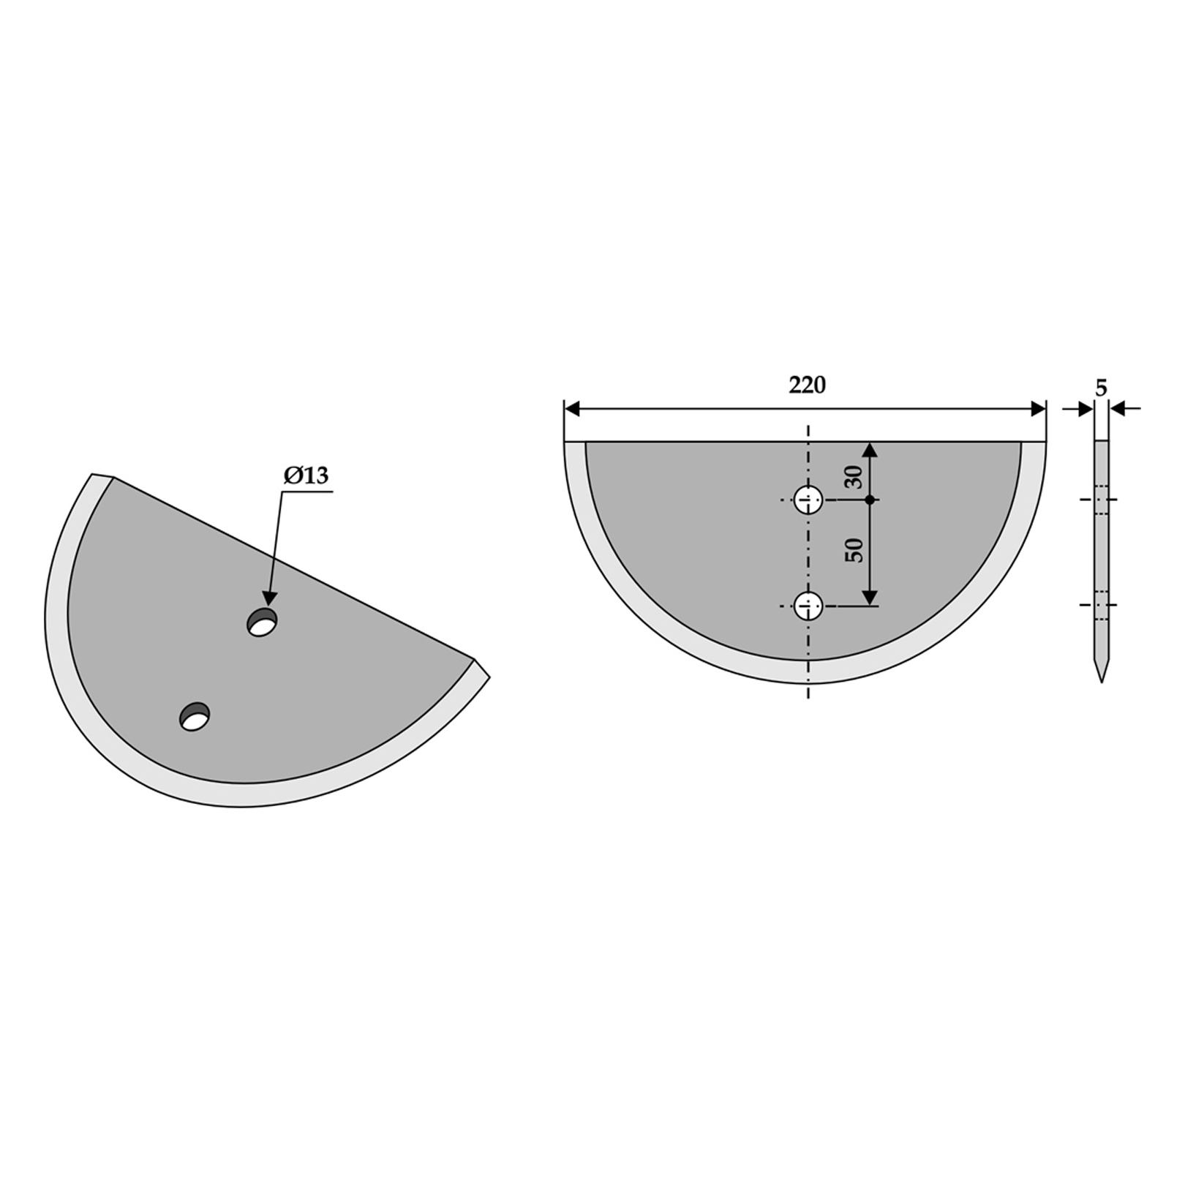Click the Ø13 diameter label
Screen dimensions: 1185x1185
[306, 476]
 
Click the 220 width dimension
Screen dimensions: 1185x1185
[808, 385]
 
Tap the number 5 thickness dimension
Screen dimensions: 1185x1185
[1102, 388]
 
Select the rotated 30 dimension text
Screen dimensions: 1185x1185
[854, 477]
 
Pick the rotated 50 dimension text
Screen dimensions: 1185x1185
[854, 549]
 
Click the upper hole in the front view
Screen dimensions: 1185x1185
[808, 500]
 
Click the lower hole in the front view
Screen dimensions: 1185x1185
[808, 606]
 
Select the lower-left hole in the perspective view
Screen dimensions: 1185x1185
[195, 716]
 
